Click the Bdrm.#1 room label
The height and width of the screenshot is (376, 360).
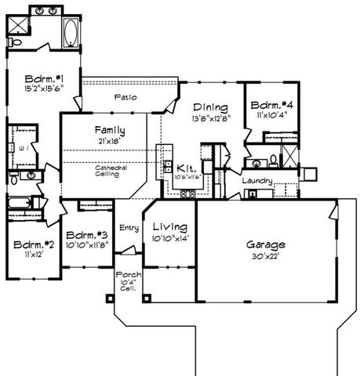click(42, 79)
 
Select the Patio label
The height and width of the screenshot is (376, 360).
click(125, 97)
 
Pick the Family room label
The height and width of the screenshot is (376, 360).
click(111, 129)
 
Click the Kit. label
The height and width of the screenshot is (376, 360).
click(185, 168)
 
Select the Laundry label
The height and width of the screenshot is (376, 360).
click(256, 181)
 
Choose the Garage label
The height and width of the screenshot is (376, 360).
click(264, 244)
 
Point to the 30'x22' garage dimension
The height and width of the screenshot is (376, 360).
click(264, 255)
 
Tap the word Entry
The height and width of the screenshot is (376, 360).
click(129, 228)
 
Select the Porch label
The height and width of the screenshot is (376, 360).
click(127, 275)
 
